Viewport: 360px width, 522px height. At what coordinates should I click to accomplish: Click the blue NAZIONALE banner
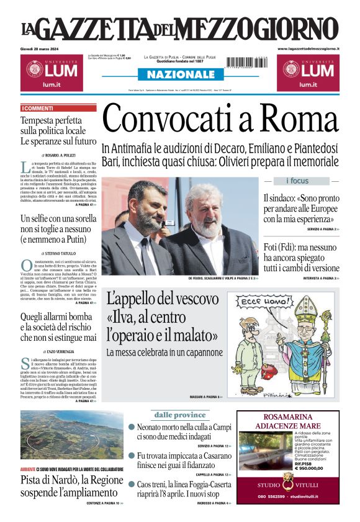[180, 74]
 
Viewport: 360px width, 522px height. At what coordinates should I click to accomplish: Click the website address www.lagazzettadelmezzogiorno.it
[308, 48]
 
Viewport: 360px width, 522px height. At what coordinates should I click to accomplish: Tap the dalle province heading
[180, 415]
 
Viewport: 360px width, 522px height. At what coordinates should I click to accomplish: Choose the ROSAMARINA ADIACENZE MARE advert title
[288, 422]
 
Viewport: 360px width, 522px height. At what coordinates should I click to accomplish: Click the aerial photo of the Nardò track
[71, 434]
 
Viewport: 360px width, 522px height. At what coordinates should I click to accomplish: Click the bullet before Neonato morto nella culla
[132, 427]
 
